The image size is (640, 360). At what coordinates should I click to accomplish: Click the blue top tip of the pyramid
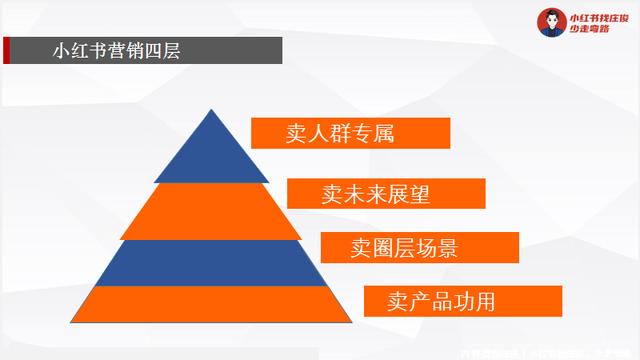point(209,150)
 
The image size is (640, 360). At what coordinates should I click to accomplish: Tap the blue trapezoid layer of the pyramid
point(209,263)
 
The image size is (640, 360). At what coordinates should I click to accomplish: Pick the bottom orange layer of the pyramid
point(209,304)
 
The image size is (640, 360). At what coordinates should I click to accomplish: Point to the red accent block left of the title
point(7,50)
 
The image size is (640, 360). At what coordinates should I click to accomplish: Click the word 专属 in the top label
point(375,133)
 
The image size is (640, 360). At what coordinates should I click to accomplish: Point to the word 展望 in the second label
point(410,193)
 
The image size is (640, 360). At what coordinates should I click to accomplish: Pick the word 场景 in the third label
point(444,247)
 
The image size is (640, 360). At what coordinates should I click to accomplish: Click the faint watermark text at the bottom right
point(545,352)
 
